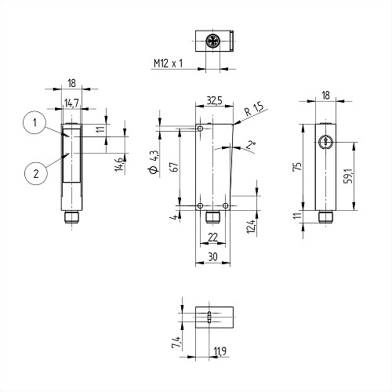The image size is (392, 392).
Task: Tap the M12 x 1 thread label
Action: coord(168,64)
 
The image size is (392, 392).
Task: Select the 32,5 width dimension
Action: coord(214,100)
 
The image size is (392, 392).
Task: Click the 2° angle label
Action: coord(252,144)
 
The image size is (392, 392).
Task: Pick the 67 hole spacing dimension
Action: coord(175,167)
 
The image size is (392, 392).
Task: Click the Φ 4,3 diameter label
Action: coord(154,162)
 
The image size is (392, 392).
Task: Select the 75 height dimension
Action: coord(298,166)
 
